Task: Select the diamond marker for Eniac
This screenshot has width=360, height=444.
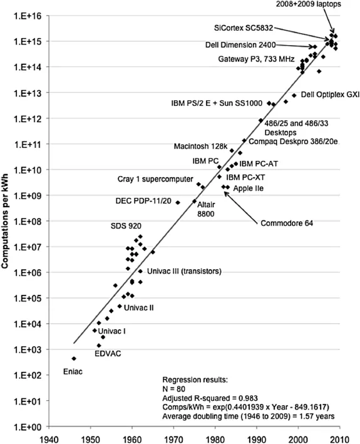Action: click(74, 359)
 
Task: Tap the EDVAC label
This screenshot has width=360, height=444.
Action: click(108, 354)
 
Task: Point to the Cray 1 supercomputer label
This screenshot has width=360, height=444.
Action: click(155, 179)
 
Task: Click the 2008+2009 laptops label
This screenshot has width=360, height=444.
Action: click(311, 4)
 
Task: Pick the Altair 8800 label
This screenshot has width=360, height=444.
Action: click(207, 209)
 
